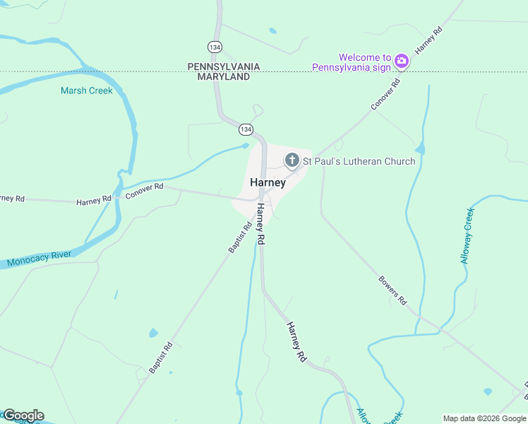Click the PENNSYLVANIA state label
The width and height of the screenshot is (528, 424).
point(223,66)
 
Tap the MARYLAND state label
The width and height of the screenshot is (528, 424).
point(223,76)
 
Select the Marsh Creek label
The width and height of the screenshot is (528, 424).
point(87,90)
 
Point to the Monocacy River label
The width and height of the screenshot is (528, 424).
point(40,260)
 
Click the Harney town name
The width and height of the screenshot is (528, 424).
point(268,182)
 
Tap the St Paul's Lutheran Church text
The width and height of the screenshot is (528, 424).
point(359,161)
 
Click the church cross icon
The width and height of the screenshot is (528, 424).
point(292,161)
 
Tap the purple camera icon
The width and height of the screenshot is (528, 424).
point(402,61)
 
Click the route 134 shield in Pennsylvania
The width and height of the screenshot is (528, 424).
point(215,46)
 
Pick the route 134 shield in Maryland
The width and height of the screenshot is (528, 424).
point(245,129)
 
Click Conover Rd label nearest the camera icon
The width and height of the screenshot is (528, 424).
point(385,94)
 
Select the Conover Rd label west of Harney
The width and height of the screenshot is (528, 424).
point(145,191)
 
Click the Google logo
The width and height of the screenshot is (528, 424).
point(23,416)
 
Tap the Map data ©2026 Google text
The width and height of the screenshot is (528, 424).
point(484,418)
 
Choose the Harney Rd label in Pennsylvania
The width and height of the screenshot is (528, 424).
point(428,41)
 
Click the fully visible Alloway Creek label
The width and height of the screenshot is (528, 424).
point(468,236)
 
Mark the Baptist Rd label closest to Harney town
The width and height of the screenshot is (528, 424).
point(240,238)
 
